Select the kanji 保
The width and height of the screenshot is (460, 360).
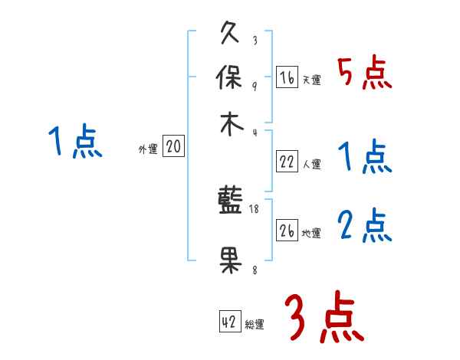pyautogui.click(x=230, y=79)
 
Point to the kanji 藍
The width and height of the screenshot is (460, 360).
pyautogui.click(x=230, y=201)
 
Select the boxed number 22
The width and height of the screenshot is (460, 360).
pyautogui.click(x=287, y=162)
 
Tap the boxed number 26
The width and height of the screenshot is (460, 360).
pyautogui.click(x=287, y=231)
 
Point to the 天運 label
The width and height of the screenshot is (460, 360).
pyautogui.click(x=311, y=80)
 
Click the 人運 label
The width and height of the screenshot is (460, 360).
pyautogui.click(x=311, y=164)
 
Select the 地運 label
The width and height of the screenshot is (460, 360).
pyautogui.click(x=311, y=233)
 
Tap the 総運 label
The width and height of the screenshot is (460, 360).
pyautogui.click(x=255, y=325)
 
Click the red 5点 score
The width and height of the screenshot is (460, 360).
pyautogui.click(x=365, y=73)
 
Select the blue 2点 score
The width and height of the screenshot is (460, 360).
pyautogui.click(x=365, y=225)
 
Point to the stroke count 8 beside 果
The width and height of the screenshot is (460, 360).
pyautogui.click(x=255, y=270)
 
